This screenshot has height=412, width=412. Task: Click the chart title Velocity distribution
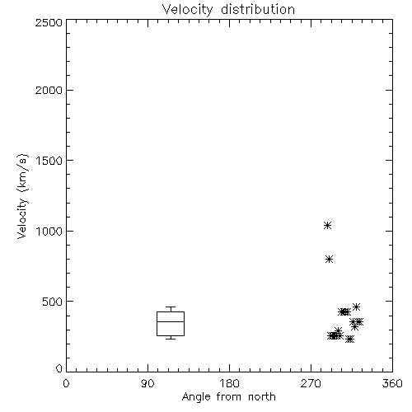pyautogui.click(x=228, y=9)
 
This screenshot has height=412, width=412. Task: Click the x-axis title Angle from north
pyautogui.click(x=228, y=396)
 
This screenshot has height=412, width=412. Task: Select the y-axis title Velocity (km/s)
pyautogui.click(x=22, y=196)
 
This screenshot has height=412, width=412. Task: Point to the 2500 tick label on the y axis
pyautogui.click(x=49, y=22)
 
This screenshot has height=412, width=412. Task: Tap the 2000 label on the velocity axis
pyautogui.click(x=49, y=90)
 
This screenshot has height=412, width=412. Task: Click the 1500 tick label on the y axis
pyautogui.click(x=49, y=161)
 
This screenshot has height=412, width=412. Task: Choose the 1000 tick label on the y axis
pyautogui.click(x=49, y=231)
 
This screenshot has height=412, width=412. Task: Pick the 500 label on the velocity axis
pyautogui.click(x=53, y=302)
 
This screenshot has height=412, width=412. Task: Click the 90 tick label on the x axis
pyautogui.click(x=147, y=383)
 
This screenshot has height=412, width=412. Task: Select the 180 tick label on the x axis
pyautogui.click(x=228, y=383)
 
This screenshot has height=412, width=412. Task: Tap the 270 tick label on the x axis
pyautogui.click(x=311, y=383)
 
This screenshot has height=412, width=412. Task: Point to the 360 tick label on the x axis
pyautogui.click(x=392, y=383)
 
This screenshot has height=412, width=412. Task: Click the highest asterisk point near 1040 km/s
pyautogui.click(x=327, y=226)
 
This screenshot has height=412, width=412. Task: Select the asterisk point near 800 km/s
pyautogui.click(x=330, y=259)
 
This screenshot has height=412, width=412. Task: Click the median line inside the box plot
pyautogui.click(x=171, y=321)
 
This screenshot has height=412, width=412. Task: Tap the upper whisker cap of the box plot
pyautogui.click(x=171, y=307)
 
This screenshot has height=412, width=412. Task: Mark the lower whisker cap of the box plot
pyautogui.click(x=171, y=339)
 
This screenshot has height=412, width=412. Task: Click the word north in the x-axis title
pyautogui.click(x=262, y=396)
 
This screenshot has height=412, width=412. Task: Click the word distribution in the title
pyautogui.click(x=258, y=9)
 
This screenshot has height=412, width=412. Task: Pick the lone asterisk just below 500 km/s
pyautogui.click(x=356, y=307)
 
